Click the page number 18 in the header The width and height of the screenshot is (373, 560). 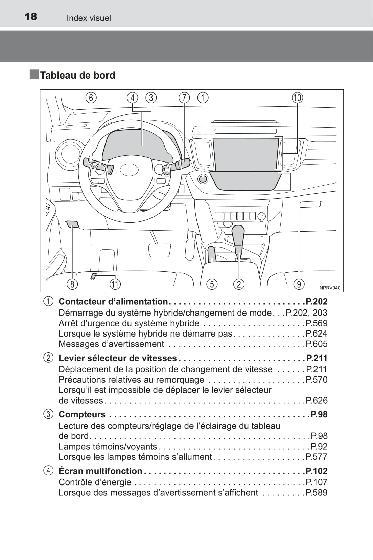pos(31,17)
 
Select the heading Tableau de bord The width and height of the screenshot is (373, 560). pos(77,75)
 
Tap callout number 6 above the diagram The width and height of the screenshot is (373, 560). pos(91,98)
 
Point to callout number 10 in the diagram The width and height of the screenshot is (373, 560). pos(297,98)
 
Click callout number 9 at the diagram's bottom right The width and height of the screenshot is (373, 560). pos(299,284)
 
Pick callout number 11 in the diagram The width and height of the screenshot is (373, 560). pos(115,284)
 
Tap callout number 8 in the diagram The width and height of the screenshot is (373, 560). pos(72,284)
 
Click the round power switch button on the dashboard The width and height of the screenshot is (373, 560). pos(203,178)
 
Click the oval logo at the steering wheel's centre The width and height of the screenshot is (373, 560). pos(129,170)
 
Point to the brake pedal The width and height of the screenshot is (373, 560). pos(159,250)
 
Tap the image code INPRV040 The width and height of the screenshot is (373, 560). pos(329,288)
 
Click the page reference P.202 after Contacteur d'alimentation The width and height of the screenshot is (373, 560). pos(317,302)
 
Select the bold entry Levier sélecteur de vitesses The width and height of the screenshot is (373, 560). pos(118,358)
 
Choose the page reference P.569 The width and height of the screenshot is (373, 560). pos(317,323)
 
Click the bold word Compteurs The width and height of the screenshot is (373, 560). pos(82,415)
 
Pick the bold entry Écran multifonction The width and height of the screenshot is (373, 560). pos(100,471)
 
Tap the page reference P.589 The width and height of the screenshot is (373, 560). pos(317,493)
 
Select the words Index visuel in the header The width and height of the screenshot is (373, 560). pos(89,18)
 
